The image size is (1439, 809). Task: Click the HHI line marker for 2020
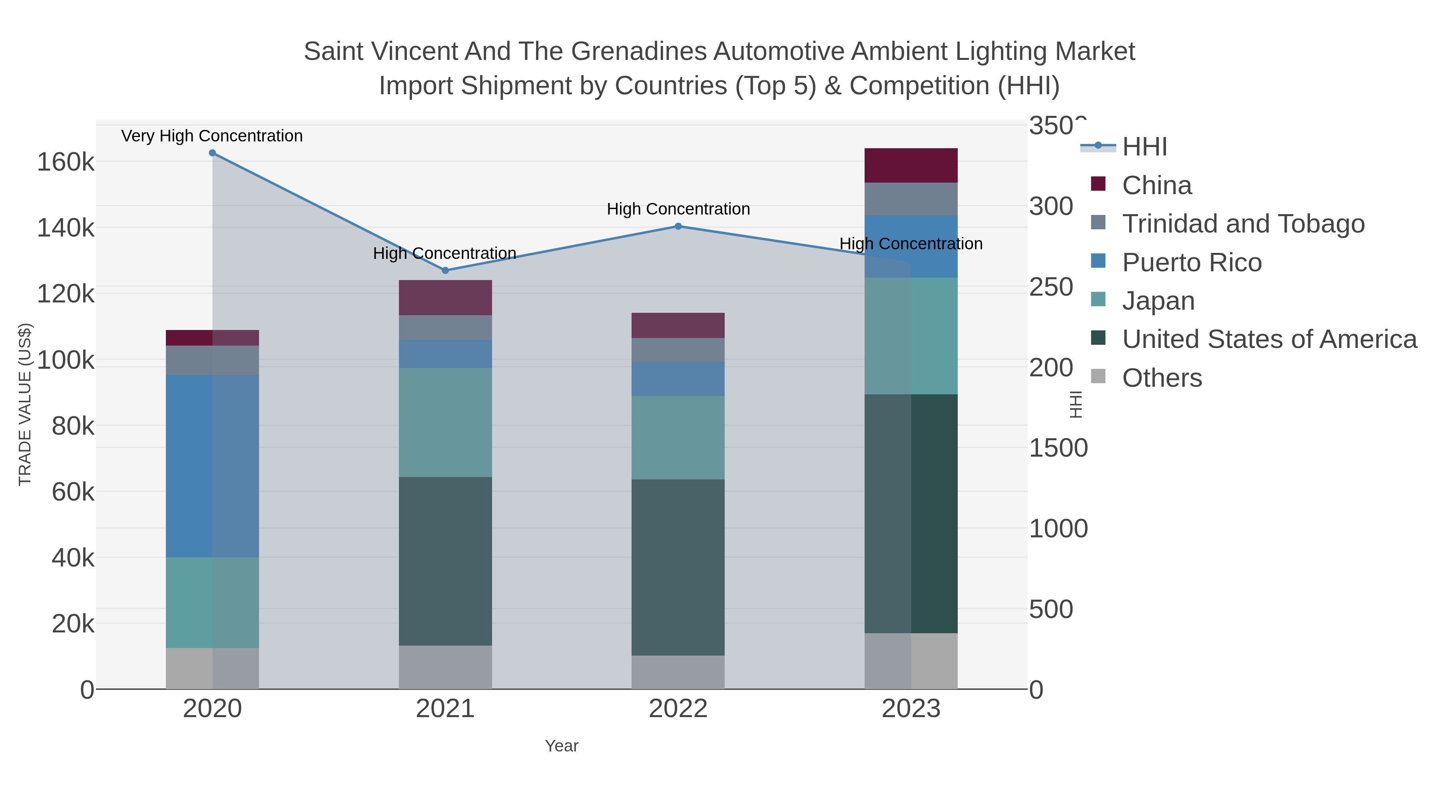pyautogui.click(x=212, y=153)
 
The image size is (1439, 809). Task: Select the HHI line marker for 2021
pyautogui.click(x=445, y=270)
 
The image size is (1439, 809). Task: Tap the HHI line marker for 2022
pyautogui.click(x=678, y=226)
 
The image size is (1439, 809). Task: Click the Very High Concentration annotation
pyautogui.click(x=212, y=136)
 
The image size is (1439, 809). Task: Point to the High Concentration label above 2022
pyautogui.click(x=678, y=209)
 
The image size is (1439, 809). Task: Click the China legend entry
pyautogui.click(x=1156, y=185)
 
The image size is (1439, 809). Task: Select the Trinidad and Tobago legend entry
pyautogui.click(x=1243, y=224)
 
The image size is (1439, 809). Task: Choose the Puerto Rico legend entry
pyautogui.click(x=1192, y=262)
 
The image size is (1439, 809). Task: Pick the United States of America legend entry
pyautogui.click(x=1269, y=340)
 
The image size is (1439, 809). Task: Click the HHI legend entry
pyautogui.click(x=1144, y=147)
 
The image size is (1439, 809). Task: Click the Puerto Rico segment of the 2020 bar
pyautogui.click(x=212, y=466)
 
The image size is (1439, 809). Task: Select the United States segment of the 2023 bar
pyautogui.click(x=911, y=514)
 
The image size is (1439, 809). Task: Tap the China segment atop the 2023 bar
pyautogui.click(x=911, y=165)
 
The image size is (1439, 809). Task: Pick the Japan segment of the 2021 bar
pyautogui.click(x=445, y=422)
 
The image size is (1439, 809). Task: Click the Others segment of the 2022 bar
pyautogui.click(x=678, y=672)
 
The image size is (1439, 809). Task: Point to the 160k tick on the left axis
pyautogui.click(x=66, y=163)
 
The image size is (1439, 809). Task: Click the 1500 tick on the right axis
pyautogui.click(x=1058, y=448)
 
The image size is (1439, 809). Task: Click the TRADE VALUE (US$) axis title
pyautogui.click(x=25, y=404)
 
